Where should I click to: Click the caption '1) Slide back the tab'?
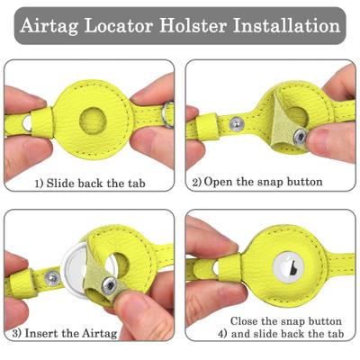(x=89, y=182)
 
